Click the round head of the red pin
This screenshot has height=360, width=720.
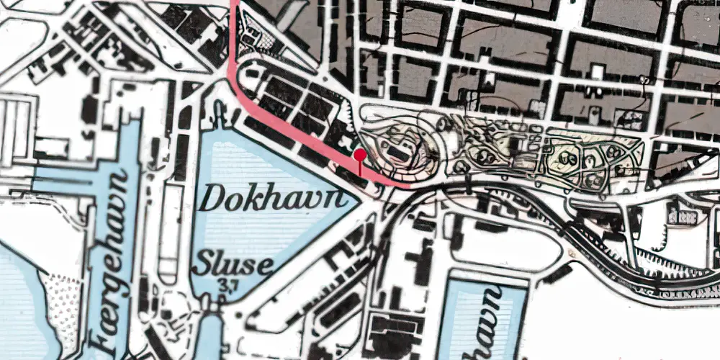coord(359,153)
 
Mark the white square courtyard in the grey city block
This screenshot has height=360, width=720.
coord(597,71)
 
